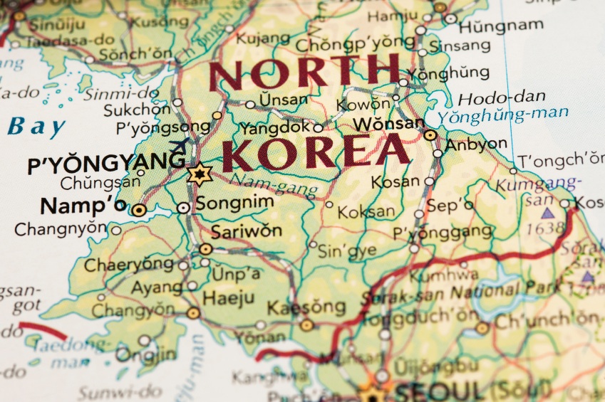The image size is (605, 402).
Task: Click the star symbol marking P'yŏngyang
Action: (x=199, y=174)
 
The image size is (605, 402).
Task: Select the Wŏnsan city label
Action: (x=388, y=124)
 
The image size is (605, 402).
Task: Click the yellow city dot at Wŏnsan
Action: (x=430, y=134)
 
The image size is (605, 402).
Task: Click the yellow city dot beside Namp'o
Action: (x=139, y=210)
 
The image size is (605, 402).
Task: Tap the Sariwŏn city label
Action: (x=246, y=231)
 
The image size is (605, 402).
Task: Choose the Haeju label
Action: (x=229, y=297)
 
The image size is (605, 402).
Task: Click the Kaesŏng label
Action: (x=306, y=308)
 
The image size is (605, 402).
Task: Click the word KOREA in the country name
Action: (x=316, y=152)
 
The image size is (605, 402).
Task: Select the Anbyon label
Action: (x=476, y=144)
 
